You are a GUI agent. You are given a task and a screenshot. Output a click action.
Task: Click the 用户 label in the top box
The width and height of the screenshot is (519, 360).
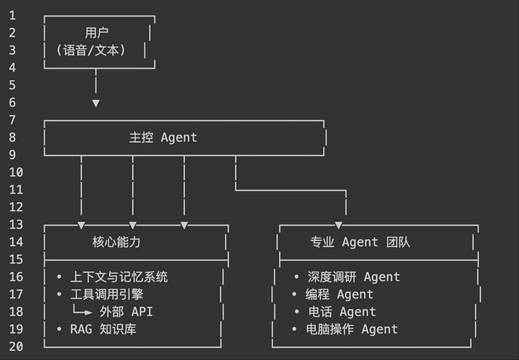(x=97, y=32)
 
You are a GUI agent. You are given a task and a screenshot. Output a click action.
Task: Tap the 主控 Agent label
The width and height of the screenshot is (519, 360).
(x=163, y=138)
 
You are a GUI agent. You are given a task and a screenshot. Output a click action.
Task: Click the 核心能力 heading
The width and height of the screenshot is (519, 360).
(x=116, y=242)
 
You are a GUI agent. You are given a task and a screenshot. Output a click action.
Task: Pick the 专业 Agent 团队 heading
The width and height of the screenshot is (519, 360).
(x=360, y=242)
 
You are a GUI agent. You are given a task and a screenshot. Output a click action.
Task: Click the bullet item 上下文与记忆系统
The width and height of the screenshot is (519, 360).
(x=119, y=277)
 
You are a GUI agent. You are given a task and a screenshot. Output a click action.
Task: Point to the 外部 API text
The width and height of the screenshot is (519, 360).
(x=126, y=311)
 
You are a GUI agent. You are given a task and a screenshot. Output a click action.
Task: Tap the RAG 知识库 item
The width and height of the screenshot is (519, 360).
(x=103, y=328)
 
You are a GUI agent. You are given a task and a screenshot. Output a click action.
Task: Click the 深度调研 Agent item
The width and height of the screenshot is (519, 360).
(x=354, y=277)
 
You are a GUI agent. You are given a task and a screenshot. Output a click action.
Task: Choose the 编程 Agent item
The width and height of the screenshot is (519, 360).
(x=339, y=294)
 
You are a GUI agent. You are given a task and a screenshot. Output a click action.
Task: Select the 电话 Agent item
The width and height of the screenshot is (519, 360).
(x=341, y=311)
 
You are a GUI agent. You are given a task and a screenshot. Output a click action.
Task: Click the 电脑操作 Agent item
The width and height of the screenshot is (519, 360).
(x=352, y=328)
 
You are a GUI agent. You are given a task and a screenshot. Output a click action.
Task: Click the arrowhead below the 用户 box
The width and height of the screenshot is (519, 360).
(x=96, y=103)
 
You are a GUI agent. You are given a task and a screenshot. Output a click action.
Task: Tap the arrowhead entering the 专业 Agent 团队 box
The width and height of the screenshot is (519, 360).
(x=338, y=225)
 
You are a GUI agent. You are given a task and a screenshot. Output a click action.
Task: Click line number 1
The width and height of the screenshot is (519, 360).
(x=12, y=15)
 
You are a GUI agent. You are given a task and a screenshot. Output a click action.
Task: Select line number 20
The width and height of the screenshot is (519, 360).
(x=16, y=346)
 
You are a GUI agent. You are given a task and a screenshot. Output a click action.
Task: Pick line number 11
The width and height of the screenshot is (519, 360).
(x=16, y=189)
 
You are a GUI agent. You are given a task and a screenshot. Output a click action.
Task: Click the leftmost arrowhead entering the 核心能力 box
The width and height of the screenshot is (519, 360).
(x=81, y=225)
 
